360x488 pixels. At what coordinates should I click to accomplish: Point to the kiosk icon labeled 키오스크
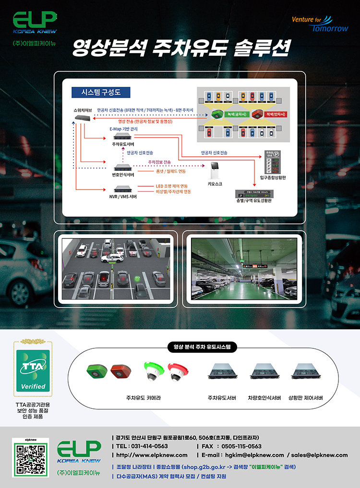[x=215, y=172]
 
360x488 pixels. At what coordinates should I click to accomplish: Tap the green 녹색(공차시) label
[x=237, y=114]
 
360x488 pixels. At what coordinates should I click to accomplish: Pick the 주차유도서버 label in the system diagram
[x=123, y=144]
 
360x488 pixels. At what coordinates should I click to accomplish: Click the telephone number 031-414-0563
[x=142, y=446]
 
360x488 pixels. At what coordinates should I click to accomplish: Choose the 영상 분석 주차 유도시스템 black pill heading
[x=199, y=346]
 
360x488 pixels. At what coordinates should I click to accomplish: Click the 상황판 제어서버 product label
[x=305, y=398]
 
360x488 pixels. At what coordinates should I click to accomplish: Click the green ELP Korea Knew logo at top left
[x=35, y=23]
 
